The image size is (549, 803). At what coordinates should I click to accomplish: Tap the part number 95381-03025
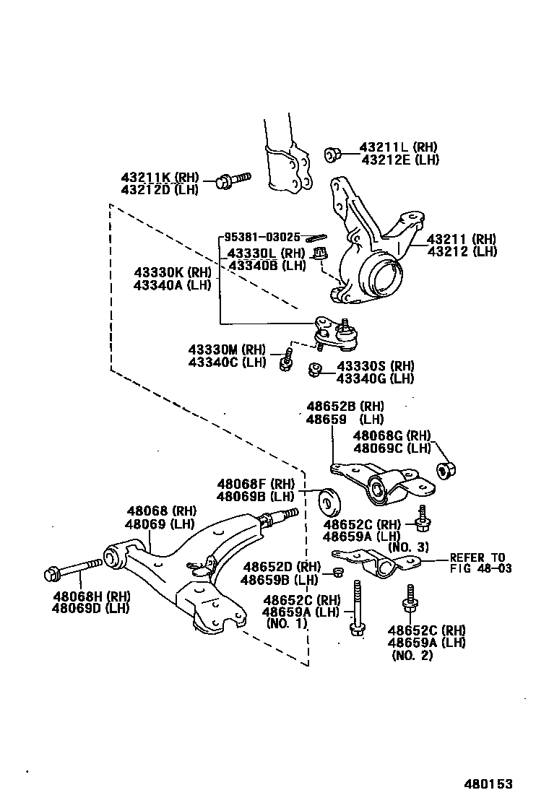pyautogui.click(x=261, y=237)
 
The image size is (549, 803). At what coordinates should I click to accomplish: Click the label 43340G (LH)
pyautogui.click(x=376, y=378)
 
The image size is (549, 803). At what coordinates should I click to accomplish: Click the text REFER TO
pyautogui.click(x=477, y=557)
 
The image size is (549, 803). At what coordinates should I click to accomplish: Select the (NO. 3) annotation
pyautogui.click(x=408, y=547)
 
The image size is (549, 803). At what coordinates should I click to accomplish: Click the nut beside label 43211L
pyautogui.click(x=333, y=153)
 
